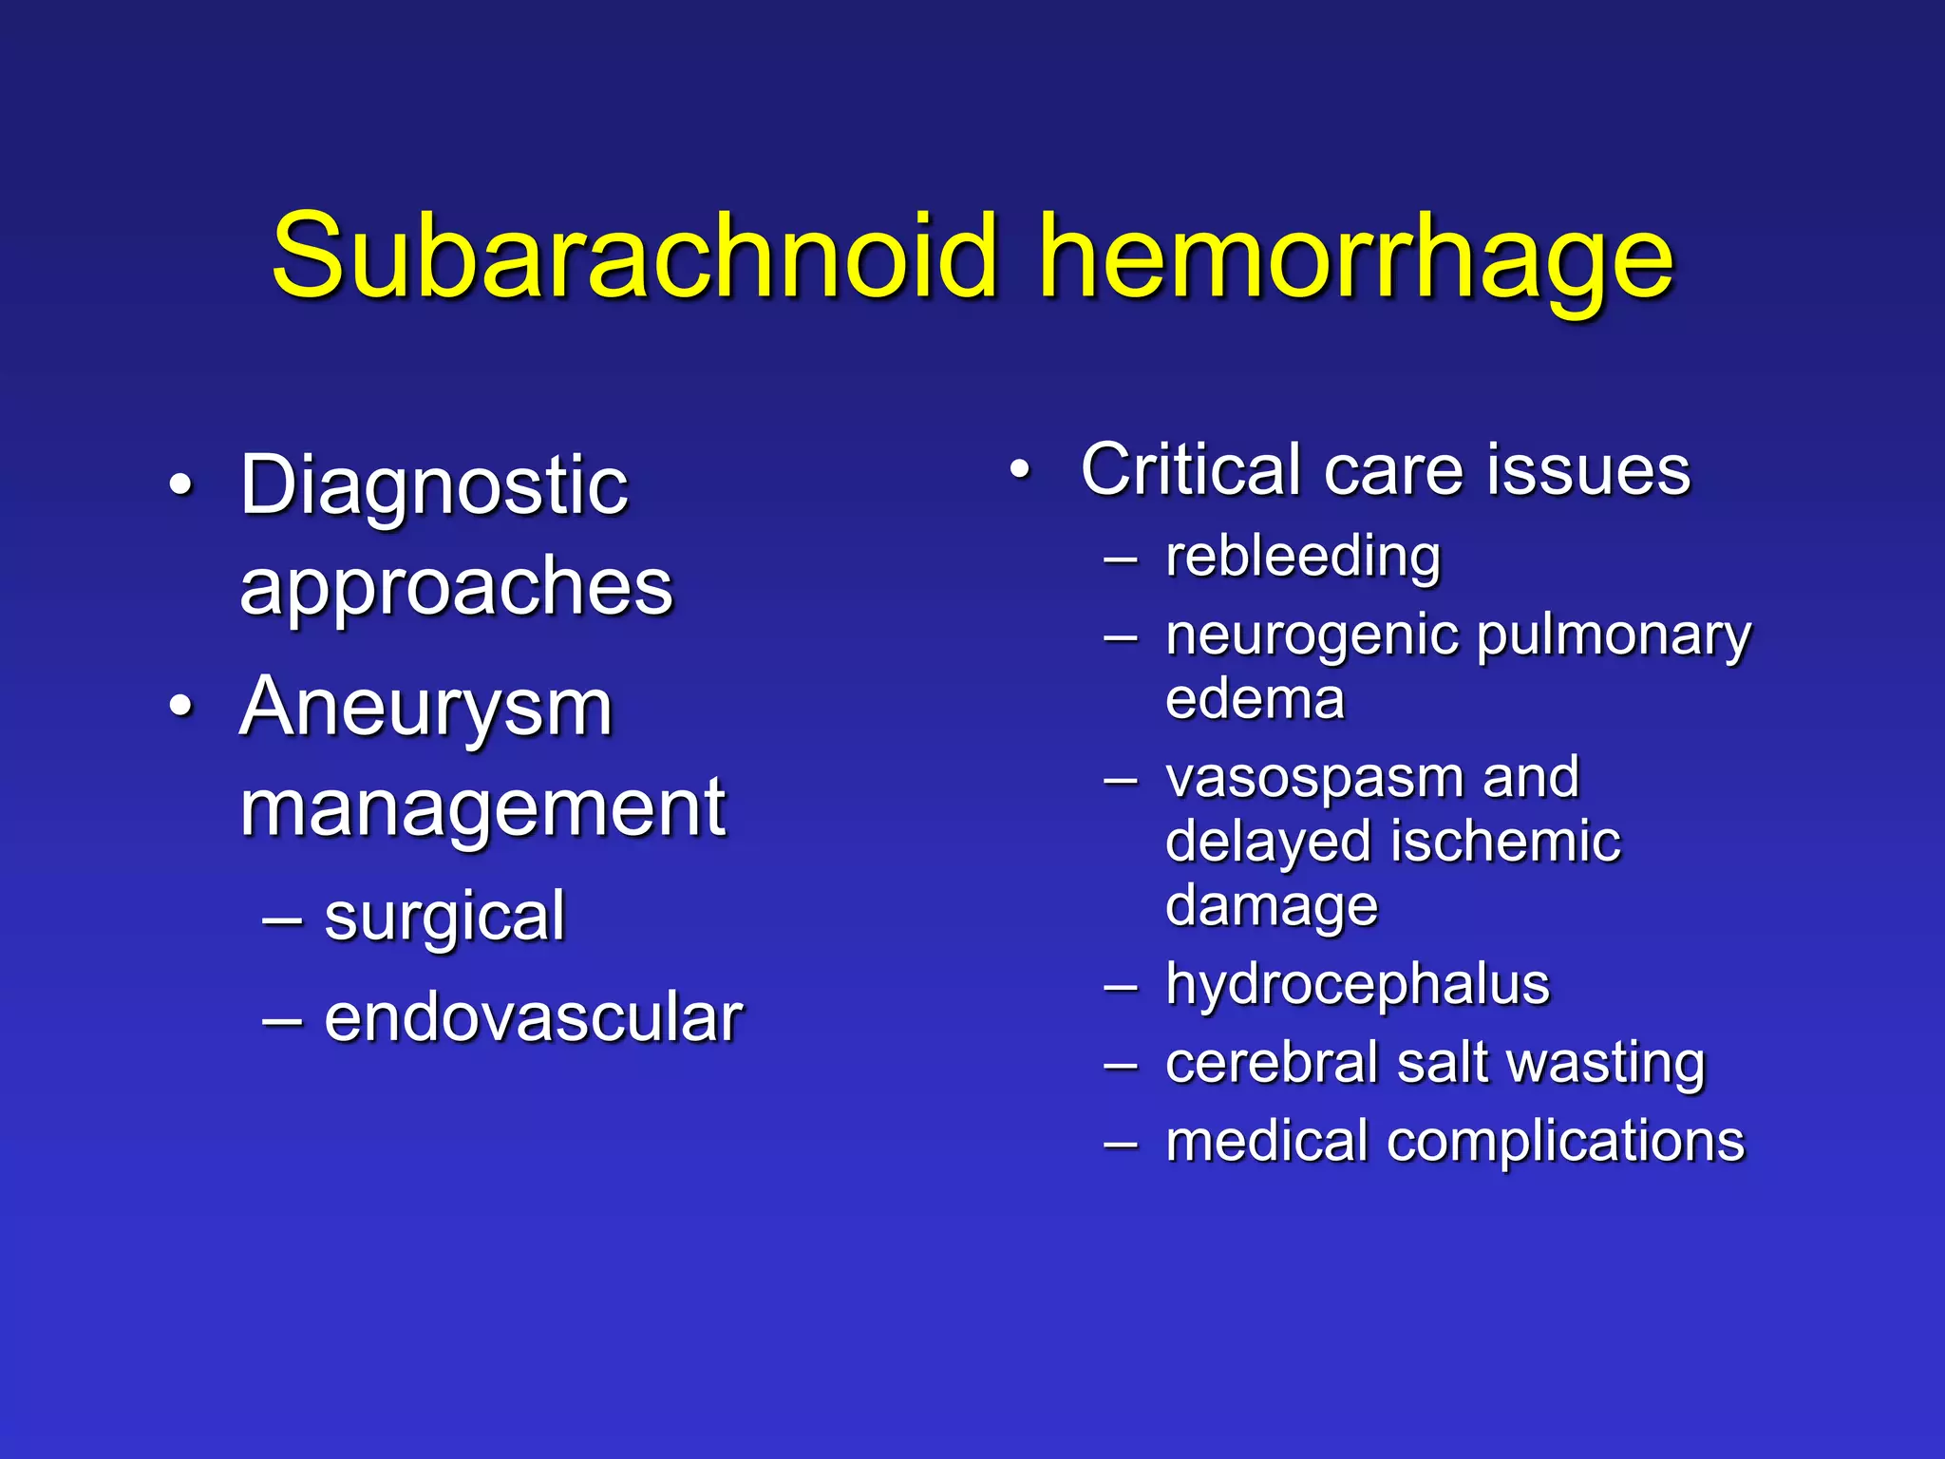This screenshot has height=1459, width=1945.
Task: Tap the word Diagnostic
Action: point(434,486)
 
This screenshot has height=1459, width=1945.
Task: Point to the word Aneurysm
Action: point(426,709)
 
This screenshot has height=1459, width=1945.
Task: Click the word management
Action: point(482,809)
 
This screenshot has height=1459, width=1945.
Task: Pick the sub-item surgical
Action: point(444,918)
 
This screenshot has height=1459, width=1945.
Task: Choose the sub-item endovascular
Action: point(534,1018)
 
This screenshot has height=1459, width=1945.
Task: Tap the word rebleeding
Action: point(1302,557)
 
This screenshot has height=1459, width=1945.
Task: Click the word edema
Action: point(1255,700)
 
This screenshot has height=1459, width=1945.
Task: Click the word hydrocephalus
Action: point(1357,985)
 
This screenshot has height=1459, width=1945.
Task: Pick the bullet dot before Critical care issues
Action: point(1020,470)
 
